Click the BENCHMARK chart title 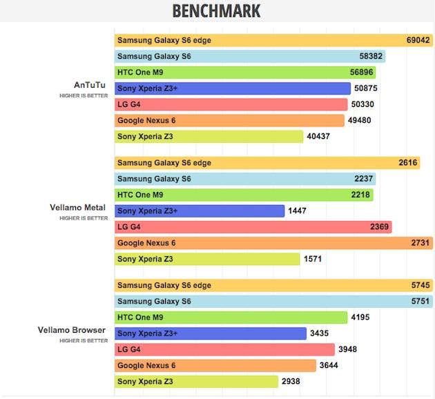pos(216,11)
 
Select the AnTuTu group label pos(90,86)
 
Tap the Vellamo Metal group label pos(79,207)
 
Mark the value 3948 pos(348,349)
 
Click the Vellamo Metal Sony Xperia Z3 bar pos(206,259)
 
